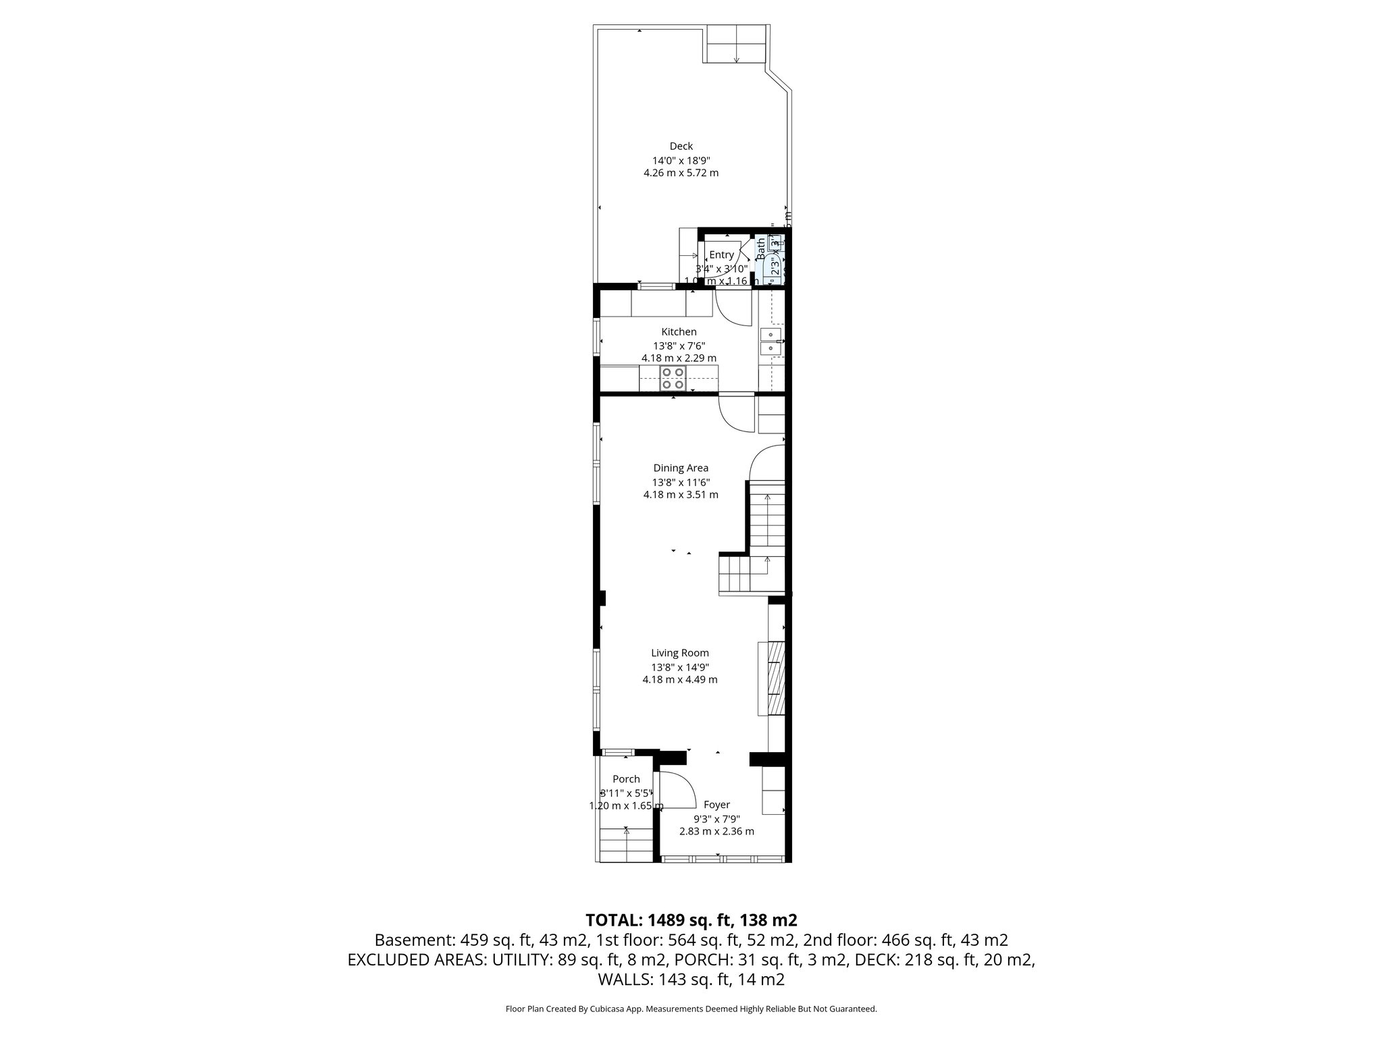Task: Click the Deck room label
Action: tap(681, 146)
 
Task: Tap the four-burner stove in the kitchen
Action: tap(673, 379)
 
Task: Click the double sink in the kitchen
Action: tap(770, 342)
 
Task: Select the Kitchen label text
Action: tap(679, 331)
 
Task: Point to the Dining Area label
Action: tap(681, 468)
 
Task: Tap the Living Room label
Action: tap(679, 653)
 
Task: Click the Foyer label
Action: tap(716, 805)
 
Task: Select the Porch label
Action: tap(626, 779)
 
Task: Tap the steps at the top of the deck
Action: tap(737, 45)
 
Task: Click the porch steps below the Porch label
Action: tap(626, 845)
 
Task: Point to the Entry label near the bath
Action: tap(721, 255)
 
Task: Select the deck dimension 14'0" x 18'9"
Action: tap(681, 161)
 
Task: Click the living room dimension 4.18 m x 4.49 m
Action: tap(679, 679)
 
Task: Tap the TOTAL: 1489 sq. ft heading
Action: tap(691, 920)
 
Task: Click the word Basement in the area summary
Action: tap(413, 940)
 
